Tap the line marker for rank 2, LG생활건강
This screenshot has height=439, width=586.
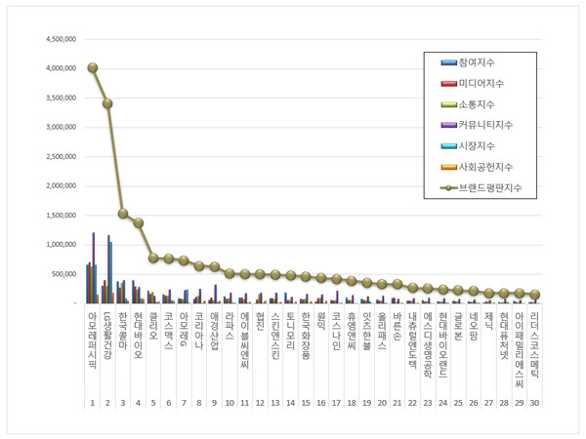point(107,103)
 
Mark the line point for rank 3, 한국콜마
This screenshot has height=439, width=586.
point(123,214)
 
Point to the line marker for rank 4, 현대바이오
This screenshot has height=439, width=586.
point(138,222)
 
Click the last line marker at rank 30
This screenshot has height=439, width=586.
point(535,295)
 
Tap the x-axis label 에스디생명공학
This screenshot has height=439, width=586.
point(428,342)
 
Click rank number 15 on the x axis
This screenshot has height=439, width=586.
point(307,403)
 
